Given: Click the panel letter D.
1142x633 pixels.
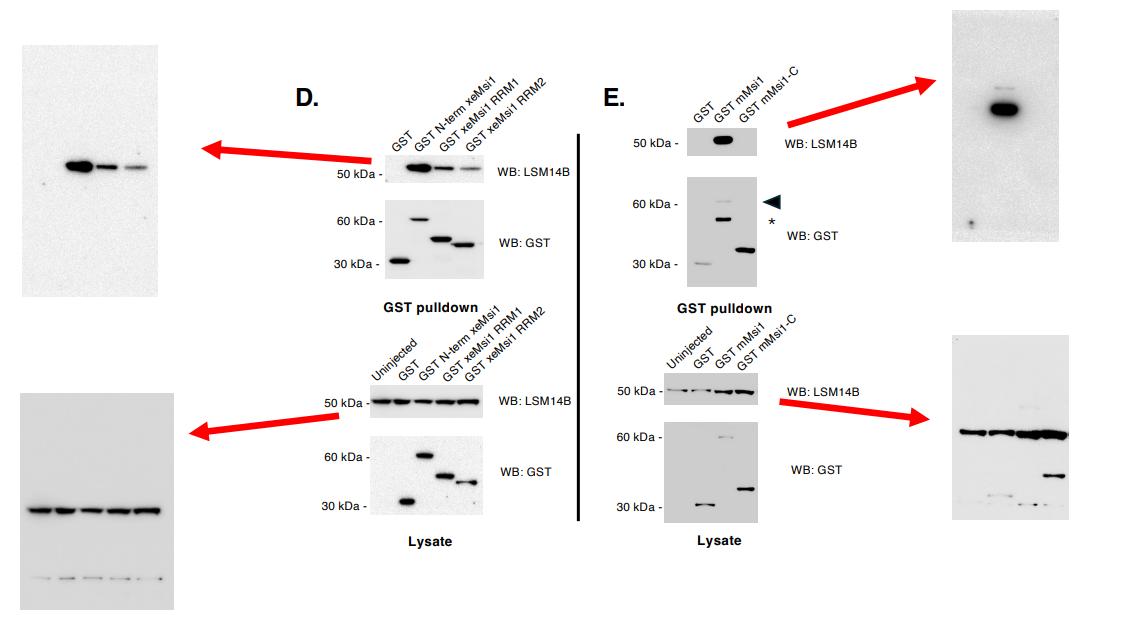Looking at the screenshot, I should [x=307, y=97].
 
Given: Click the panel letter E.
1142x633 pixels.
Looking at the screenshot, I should [x=614, y=97].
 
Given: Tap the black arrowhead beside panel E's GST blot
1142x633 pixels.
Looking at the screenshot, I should [x=771, y=202].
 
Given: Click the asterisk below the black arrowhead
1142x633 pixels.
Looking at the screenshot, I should [x=772, y=222].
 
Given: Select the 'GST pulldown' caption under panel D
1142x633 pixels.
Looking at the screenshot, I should [x=430, y=307].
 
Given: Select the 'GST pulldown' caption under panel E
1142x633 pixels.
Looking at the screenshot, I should [x=724, y=308].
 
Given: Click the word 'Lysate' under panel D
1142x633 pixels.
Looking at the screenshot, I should [x=430, y=541].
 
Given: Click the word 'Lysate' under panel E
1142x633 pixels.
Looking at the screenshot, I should [x=719, y=540].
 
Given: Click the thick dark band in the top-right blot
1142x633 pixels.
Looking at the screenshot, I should [x=1004, y=109].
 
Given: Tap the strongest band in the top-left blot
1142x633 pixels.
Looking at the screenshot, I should [x=79, y=166].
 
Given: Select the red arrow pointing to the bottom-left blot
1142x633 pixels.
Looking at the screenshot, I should [x=264, y=423].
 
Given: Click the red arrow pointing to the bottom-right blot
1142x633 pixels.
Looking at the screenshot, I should [x=855, y=411].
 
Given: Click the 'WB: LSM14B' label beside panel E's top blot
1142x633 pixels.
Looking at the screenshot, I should [x=821, y=144].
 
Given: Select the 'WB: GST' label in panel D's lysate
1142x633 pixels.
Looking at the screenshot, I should [x=525, y=472].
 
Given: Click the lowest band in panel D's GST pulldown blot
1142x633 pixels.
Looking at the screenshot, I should [x=400, y=262].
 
